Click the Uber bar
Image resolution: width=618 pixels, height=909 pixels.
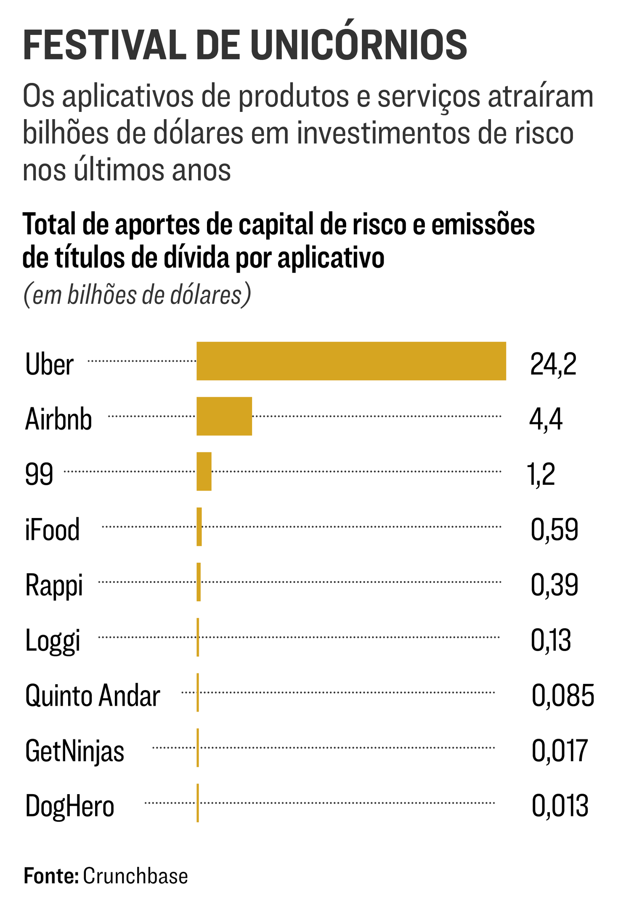coord(351,361)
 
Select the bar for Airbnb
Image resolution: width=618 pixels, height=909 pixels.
coord(224,416)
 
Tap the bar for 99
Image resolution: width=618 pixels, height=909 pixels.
coord(204,471)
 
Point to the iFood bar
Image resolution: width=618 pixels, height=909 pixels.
coord(199,527)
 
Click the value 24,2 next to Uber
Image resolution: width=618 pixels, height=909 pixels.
coord(553,364)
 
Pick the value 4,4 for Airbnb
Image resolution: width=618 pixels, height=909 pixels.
coord(546,419)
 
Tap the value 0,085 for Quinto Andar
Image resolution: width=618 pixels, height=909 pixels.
coord(562,695)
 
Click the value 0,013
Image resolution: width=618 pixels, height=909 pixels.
coord(560,806)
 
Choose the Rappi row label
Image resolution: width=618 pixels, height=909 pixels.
coord(54,585)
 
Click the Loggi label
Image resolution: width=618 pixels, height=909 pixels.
coord(53,641)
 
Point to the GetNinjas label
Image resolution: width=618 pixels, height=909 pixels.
coord(74,751)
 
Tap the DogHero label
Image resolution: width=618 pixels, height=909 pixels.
coord(69,806)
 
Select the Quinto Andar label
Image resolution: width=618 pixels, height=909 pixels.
coord(93,696)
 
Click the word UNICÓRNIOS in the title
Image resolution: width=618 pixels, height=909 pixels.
coord(358,45)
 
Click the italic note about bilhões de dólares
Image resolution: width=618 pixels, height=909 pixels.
coord(137,295)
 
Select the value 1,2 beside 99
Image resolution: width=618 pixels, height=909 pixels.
coord(541,474)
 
